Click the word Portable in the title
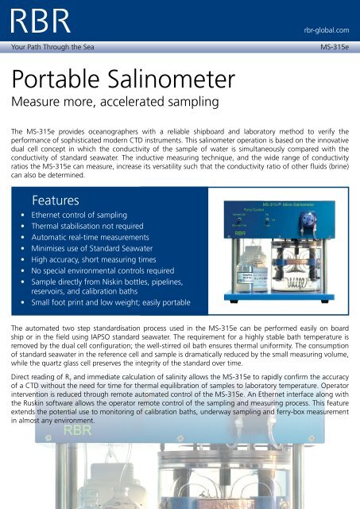point(58,81)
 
